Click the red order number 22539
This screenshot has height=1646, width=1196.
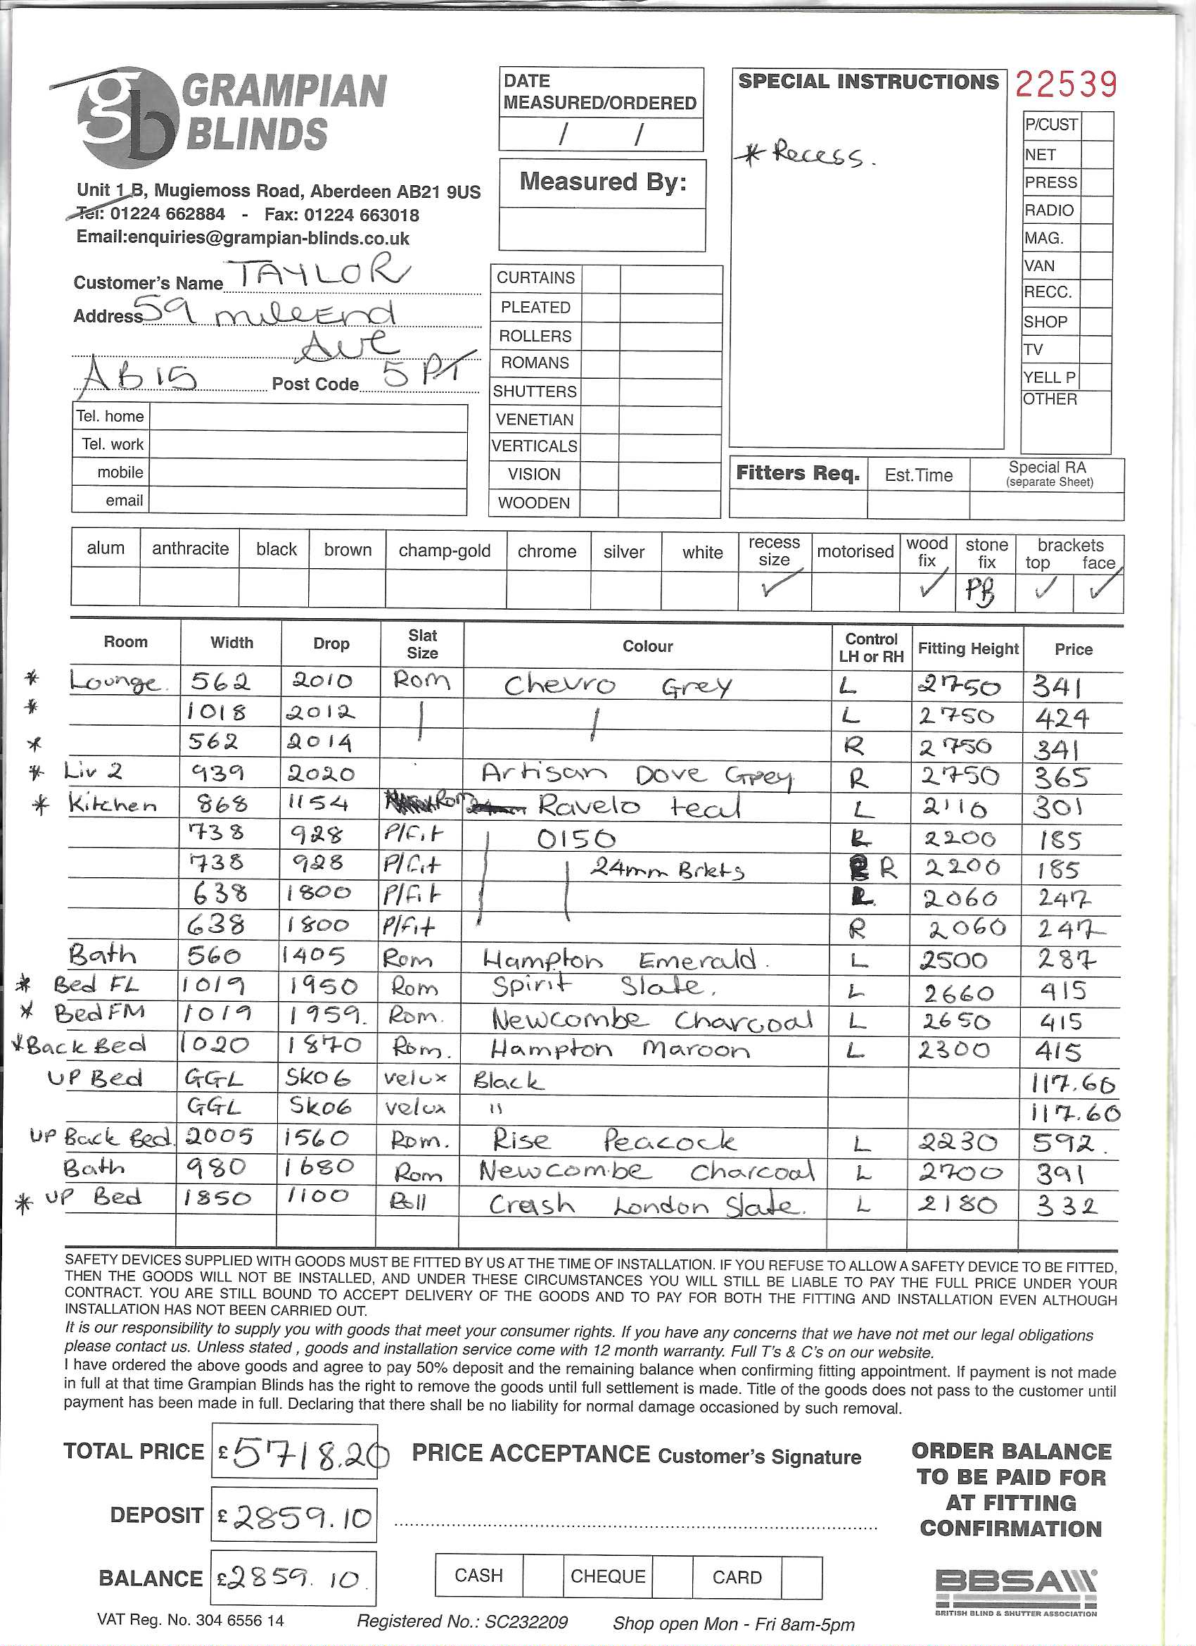point(1065,84)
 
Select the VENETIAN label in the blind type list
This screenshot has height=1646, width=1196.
point(535,420)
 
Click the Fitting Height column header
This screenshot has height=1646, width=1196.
point(967,649)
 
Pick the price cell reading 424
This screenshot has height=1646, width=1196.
point(1061,719)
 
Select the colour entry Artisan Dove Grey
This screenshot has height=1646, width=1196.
point(636,775)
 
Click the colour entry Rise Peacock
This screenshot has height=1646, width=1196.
point(613,1141)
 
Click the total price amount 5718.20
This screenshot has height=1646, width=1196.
point(305,1454)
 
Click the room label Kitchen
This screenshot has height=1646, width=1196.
point(113,804)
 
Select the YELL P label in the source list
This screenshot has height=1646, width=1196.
point(1050,377)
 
